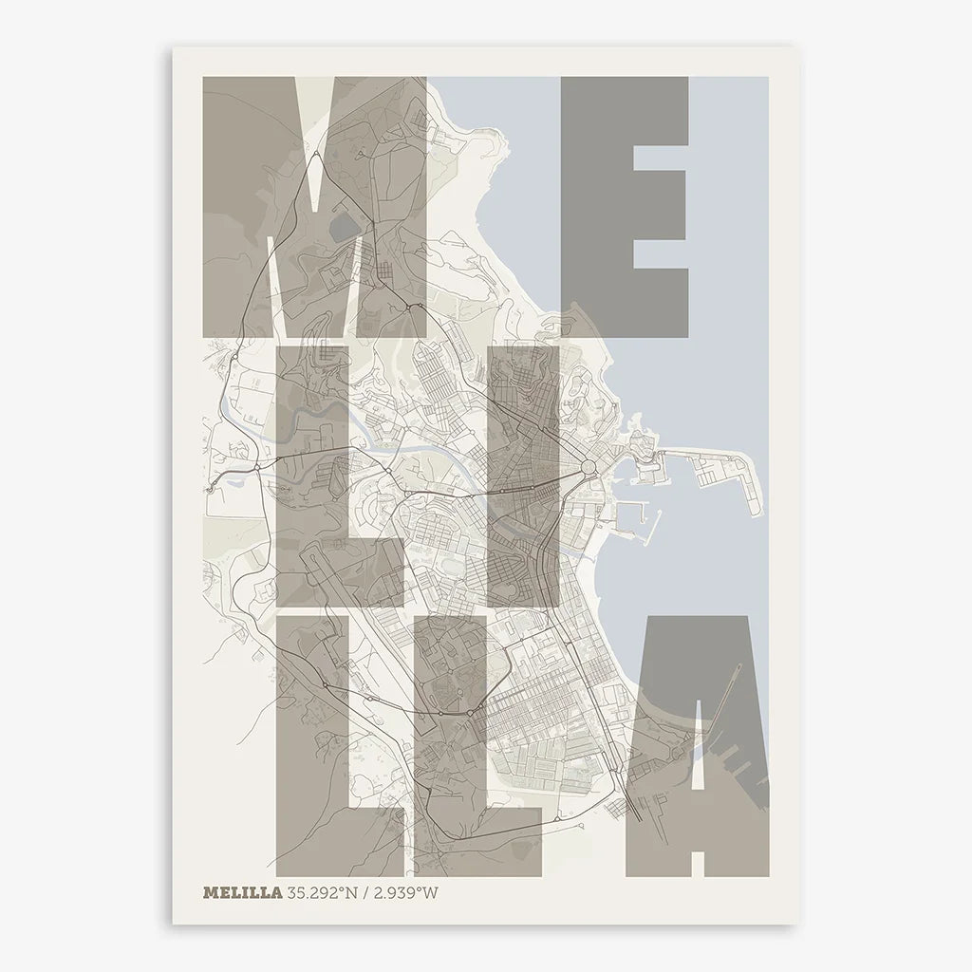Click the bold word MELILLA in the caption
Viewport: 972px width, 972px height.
(x=242, y=892)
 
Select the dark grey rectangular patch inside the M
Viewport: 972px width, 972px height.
(x=344, y=226)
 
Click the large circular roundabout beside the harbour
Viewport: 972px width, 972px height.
(x=588, y=466)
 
